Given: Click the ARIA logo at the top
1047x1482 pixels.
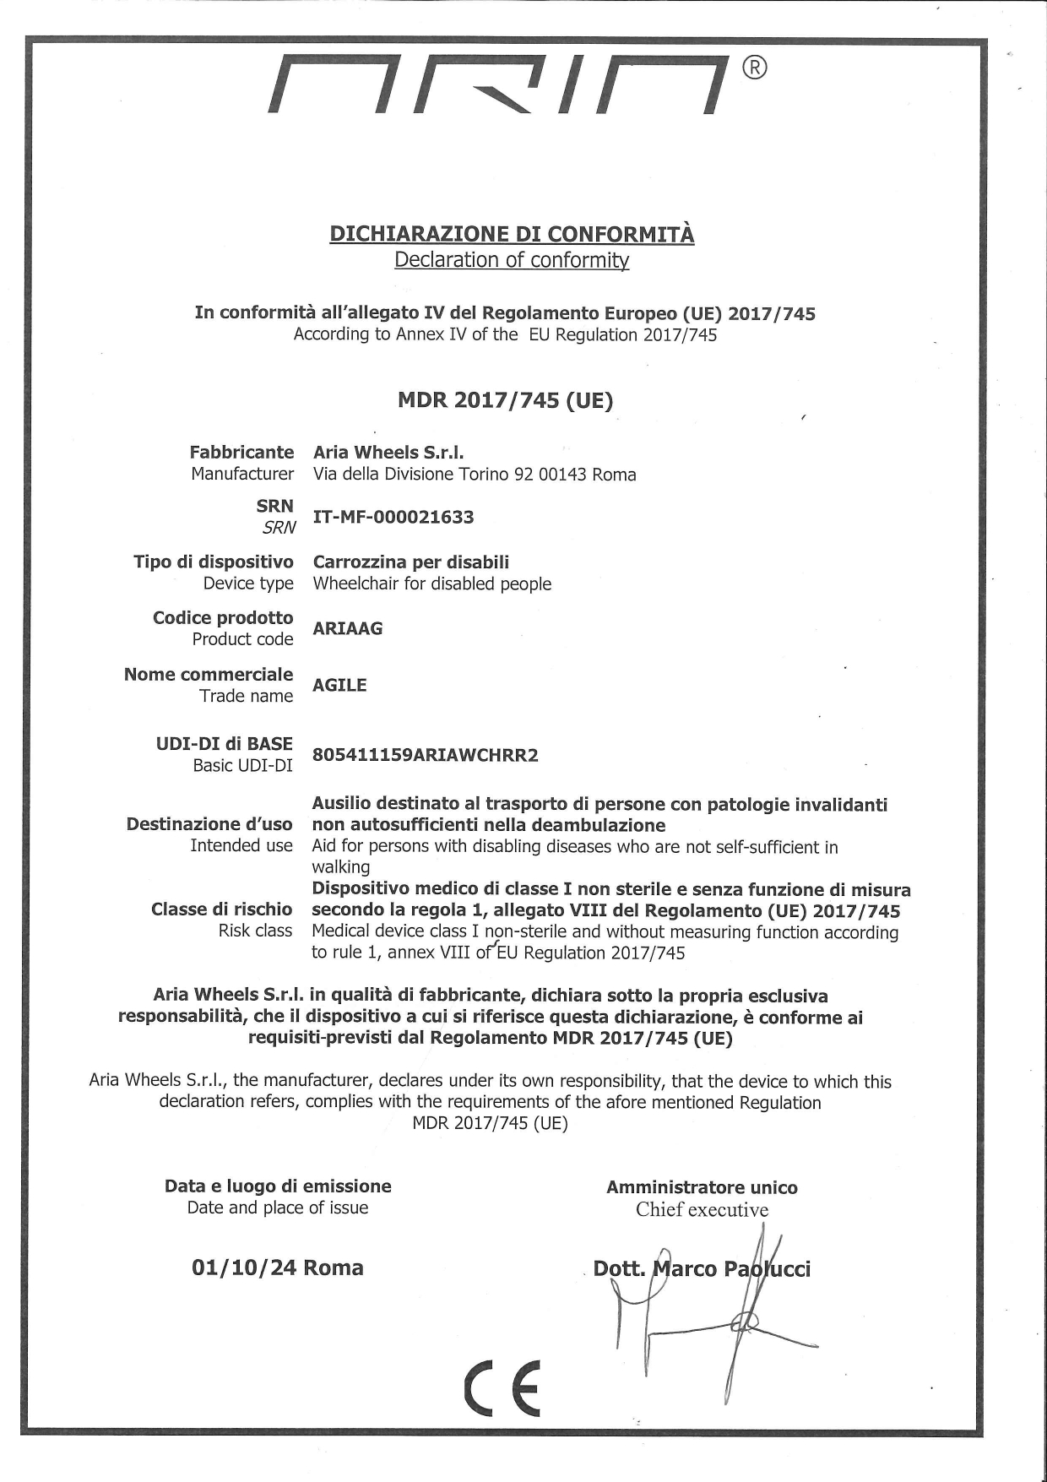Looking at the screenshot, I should point(498,84).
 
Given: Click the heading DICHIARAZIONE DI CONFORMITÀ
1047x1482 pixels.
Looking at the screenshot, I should point(512,234).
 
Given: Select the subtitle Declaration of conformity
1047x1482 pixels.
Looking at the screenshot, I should point(512,260).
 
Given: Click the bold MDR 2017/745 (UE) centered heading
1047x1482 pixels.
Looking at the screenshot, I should point(505,400).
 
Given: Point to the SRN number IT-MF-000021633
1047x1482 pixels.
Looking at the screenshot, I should point(393,517).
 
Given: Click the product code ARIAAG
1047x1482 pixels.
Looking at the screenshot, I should point(347,628).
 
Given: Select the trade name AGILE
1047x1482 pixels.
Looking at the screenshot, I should point(339,685).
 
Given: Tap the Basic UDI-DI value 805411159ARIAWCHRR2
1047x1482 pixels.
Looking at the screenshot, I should point(425,755).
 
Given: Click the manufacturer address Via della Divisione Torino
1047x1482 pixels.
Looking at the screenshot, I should point(475,475).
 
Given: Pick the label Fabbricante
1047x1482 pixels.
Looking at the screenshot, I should point(241,453).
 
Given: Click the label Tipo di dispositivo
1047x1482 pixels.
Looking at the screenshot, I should point(214,562).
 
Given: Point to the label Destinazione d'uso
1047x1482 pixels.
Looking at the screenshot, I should point(209,824).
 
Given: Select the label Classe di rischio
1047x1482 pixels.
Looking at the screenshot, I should point(221,909).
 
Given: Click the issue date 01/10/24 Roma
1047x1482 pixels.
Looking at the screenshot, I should point(278,1268).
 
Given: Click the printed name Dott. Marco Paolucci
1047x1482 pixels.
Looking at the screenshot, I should point(702,1269).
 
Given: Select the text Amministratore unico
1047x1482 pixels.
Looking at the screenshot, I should point(702,1187).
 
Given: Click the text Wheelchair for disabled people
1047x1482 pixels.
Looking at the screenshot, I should point(431,584).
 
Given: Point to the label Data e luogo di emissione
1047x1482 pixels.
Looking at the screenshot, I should point(278,1186).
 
